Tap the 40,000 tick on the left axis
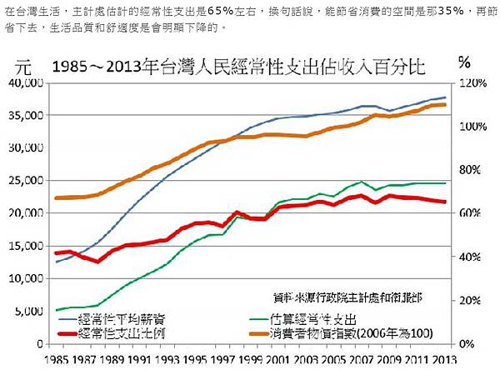(x=27, y=83)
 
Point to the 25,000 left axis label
(x=27, y=181)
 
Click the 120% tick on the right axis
(x=471, y=83)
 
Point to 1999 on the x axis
(x=250, y=359)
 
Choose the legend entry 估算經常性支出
(x=314, y=318)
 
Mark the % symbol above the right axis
(x=465, y=62)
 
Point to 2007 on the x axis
(x=362, y=359)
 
